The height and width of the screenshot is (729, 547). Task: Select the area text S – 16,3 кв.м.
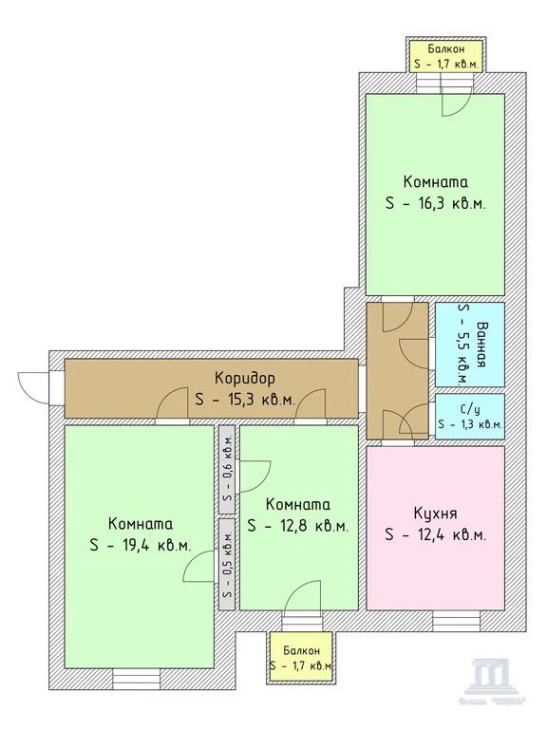tap(436, 204)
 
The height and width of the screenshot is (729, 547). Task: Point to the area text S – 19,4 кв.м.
tap(141, 545)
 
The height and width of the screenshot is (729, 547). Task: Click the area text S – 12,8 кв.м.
tap(298, 526)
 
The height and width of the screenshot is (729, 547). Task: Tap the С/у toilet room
tap(470, 416)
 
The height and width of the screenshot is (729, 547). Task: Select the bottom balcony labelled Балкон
tap(299, 658)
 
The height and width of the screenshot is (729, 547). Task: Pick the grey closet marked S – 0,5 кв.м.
tap(227, 562)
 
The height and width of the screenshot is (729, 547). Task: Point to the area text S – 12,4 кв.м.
tap(436, 535)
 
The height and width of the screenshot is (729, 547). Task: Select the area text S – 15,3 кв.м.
tap(244, 399)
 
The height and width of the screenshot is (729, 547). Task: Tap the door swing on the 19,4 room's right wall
tap(197, 568)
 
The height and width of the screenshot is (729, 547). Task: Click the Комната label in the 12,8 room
tap(298, 504)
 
